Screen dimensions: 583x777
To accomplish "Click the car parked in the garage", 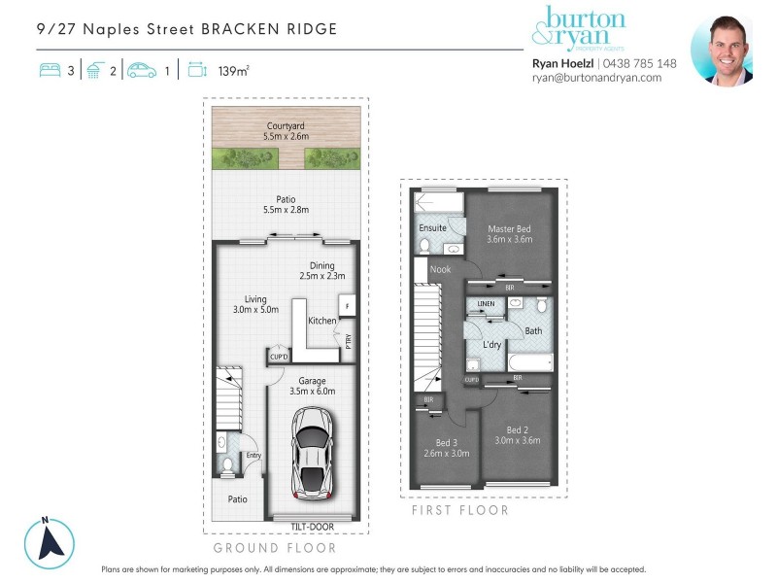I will point(311,450).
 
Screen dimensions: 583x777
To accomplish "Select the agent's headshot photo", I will point(723,51).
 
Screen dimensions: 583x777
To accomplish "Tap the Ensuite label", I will point(432,228).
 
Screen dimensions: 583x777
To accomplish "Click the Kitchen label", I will point(321,321).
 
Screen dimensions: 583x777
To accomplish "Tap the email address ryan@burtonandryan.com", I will point(596,78).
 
